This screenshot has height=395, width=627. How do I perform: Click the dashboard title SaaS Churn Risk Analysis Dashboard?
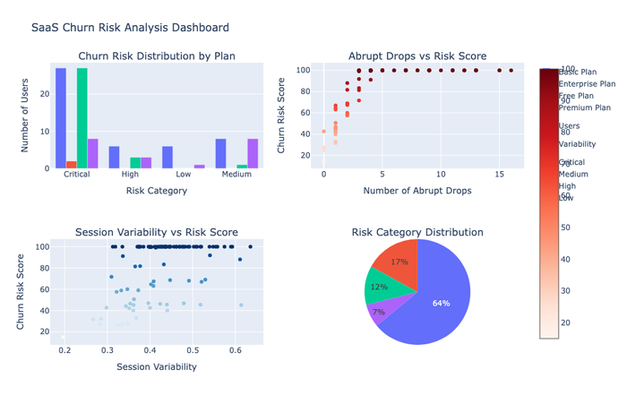(130, 28)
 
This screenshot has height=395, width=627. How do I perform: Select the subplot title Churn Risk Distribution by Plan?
(157, 56)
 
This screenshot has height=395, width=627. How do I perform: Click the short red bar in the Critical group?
(72, 165)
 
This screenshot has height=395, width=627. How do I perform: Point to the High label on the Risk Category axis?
(130, 175)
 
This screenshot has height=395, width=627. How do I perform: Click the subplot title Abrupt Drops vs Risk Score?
(417, 56)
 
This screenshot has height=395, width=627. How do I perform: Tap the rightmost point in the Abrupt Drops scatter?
(511, 70)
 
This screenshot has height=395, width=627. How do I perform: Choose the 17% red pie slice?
(398, 260)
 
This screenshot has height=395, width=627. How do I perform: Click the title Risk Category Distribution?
(417, 232)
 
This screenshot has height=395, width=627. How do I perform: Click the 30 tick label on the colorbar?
(564, 291)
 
